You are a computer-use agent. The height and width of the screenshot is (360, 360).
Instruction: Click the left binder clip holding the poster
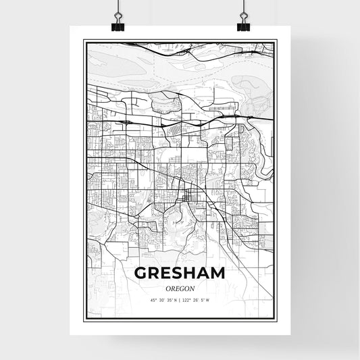click(118, 22)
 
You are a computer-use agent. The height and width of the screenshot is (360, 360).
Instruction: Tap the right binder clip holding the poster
click(242, 22)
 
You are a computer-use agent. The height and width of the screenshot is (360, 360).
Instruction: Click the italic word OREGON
click(180, 288)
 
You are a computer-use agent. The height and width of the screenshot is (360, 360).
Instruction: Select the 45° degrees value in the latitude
click(153, 300)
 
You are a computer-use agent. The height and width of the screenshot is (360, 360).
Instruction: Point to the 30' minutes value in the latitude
click(162, 300)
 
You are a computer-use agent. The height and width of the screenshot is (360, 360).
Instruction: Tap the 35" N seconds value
click(172, 300)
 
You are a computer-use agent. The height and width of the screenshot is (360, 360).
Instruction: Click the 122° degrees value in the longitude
click(188, 300)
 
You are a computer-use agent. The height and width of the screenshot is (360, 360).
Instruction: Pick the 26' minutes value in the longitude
click(197, 300)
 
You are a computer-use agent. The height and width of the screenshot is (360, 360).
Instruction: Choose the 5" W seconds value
click(206, 300)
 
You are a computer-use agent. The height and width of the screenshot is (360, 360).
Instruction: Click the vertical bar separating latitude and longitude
click(180, 300)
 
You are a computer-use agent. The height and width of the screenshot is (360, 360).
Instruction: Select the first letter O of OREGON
click(168, 288)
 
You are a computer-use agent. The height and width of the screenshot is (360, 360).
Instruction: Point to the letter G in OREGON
click(182, 288)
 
